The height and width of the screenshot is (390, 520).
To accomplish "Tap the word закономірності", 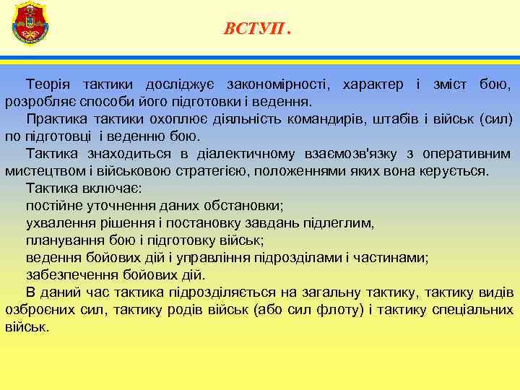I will tap(275, 85).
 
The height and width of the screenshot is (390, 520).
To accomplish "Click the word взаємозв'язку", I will tap(350, 154).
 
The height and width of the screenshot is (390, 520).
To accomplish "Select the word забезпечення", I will tap(69, 275).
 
